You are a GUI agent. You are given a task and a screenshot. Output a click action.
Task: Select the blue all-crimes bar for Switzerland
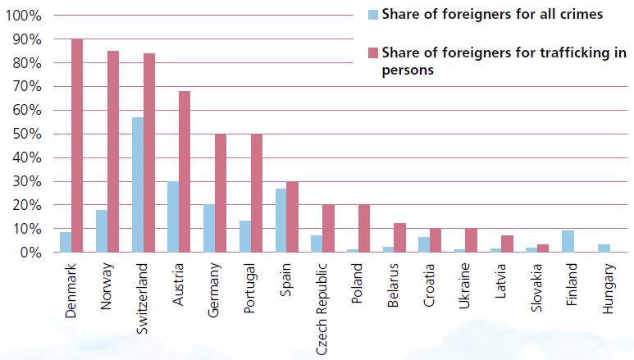coord(137,185)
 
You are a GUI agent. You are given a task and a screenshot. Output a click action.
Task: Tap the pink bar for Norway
coord(113,152)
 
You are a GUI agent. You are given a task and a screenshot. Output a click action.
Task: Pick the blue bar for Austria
coord(172,216)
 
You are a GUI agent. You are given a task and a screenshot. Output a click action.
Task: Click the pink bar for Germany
coord(220,194)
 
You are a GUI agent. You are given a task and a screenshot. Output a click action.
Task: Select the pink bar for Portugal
coord(256,194)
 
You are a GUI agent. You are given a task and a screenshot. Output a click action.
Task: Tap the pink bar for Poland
coord(363,229)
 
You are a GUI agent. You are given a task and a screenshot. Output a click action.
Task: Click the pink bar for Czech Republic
coord(327,229)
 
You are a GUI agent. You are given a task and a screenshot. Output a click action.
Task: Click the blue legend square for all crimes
coord(373,14)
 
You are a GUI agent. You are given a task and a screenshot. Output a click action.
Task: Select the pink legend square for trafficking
coord(373,53)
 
